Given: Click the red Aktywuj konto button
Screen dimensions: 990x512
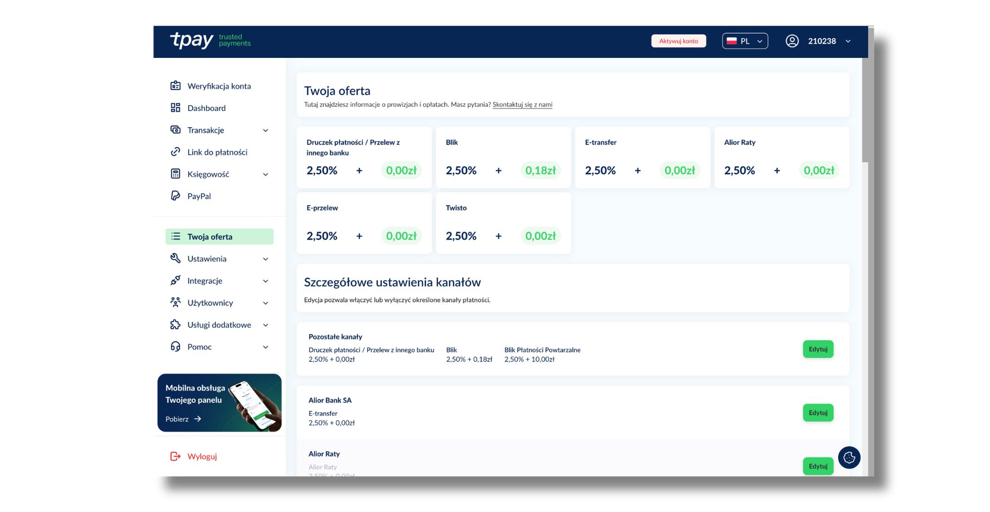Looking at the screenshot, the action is [678, 41].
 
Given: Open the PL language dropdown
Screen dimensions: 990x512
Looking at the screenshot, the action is [745, 41].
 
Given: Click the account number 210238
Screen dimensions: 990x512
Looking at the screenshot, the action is [822, 41].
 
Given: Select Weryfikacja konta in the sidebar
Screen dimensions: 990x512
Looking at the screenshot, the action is [219, 86].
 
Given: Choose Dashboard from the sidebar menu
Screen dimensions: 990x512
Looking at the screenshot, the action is [206, 108].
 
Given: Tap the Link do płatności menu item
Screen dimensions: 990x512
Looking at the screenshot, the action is [217, 152].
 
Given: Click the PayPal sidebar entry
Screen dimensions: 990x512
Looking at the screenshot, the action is [199, 196].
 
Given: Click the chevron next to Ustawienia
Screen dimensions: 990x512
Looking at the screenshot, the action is [266, 259].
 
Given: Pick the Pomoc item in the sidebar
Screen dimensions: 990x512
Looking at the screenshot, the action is [199, 347].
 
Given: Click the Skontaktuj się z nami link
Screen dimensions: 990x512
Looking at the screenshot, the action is [522, 104].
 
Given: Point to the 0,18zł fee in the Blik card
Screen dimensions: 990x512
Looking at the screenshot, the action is [541, 170].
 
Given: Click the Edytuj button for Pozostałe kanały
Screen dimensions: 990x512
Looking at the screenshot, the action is [818, 349].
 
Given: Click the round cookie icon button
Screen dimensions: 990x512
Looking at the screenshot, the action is [849, 458].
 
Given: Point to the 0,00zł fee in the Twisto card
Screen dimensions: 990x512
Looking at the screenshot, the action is [541, 236].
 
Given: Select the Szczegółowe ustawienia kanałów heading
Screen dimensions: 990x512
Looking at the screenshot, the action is [393, 282].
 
